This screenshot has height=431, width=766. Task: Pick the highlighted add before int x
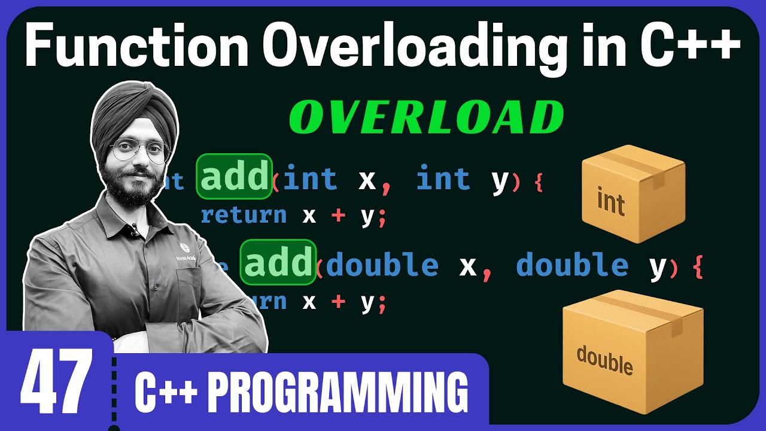pos(234,177)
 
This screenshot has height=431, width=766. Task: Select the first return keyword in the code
pos(244,215)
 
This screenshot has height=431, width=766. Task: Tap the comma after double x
pos(487,272)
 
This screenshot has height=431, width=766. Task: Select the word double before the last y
pos(572,265)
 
